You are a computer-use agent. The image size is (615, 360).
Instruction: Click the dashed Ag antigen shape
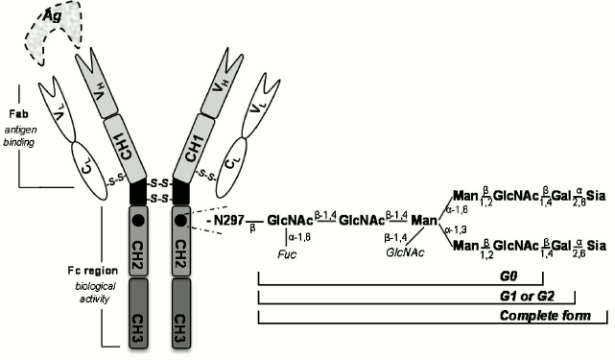click(52, 35)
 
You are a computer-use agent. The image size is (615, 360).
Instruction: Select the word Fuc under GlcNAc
click(284, 255)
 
